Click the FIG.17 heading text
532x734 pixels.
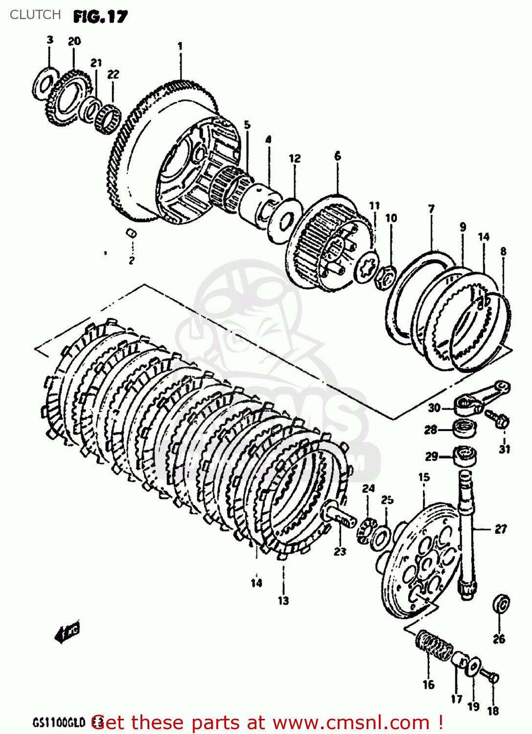click(100, 17)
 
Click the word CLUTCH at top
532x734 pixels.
click(35, 15)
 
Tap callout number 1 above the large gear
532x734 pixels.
click(180, 46)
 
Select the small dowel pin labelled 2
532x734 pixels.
click(131, 233)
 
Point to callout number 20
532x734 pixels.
click(74, 42)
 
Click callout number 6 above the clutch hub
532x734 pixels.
click(338, 156)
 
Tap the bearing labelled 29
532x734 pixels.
click(463, 456)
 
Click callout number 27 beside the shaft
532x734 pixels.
click(500, 529)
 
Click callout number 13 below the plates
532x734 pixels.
click(283, 600)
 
